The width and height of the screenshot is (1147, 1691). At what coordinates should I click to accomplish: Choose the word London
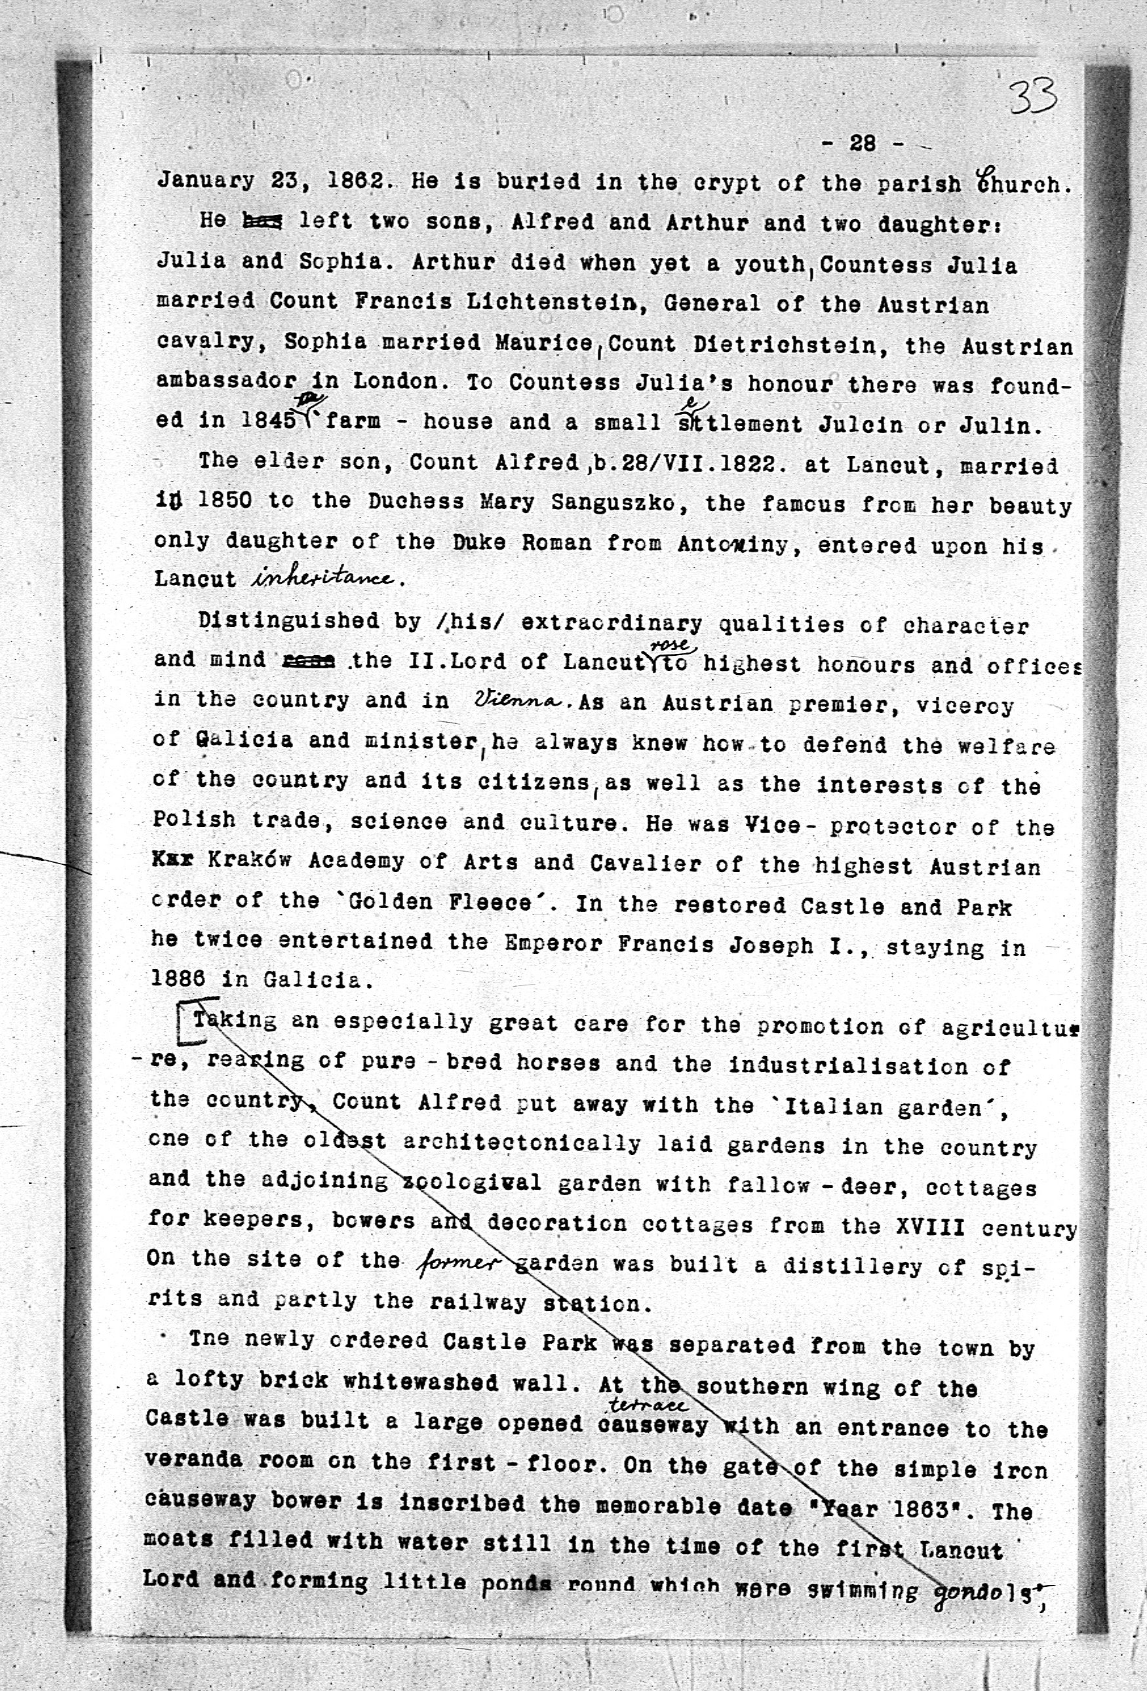coord(396,381)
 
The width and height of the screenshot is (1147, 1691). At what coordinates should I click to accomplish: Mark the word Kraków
coord(250,861)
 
